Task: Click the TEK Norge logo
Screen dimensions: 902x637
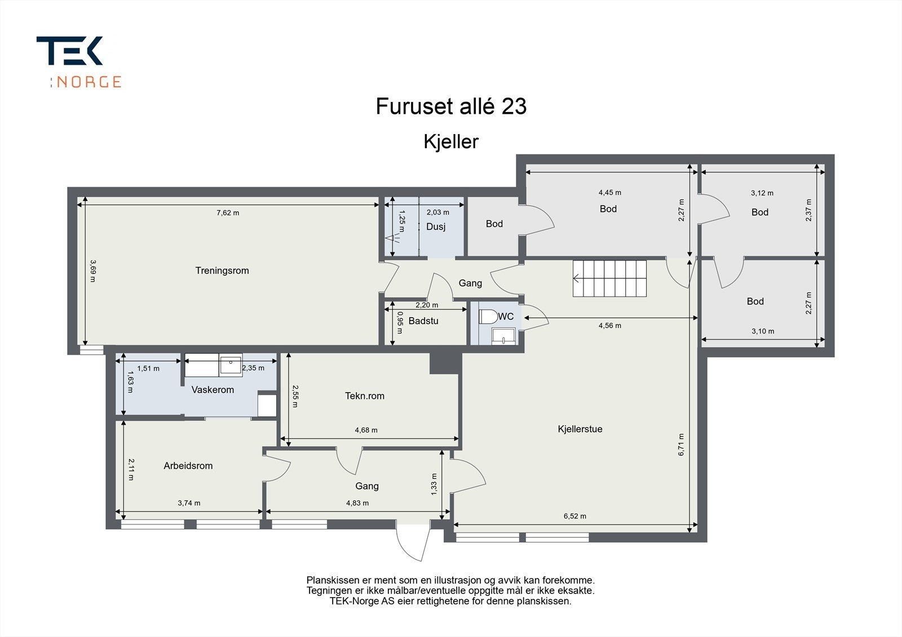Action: tap(79, 62)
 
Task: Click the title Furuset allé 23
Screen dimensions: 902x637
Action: tap(451, 106)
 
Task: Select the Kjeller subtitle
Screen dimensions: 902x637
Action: tap(451, 141)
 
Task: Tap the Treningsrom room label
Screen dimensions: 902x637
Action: tap(222, 270)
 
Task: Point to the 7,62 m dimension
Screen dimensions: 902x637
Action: tap(228, 212)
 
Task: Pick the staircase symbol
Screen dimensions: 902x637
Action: tap(609, 278)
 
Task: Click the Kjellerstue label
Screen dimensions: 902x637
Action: tap(580, 429)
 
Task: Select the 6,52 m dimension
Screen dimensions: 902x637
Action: tap(574, 516)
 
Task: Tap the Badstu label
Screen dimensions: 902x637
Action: tap(423, 320)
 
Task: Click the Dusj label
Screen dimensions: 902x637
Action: tap(436, 226)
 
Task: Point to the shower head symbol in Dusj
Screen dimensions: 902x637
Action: tap(392, 238)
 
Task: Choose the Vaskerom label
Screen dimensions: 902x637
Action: tap(213, 390)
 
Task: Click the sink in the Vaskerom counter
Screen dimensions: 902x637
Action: tap(231, 364)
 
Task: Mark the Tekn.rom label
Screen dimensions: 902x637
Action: tap(364, 396)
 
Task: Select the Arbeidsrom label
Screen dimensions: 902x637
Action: tap(188, 466)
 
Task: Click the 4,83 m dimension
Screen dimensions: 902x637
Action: tap(357, 503)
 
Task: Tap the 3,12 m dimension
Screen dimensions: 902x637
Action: tap(762, 193)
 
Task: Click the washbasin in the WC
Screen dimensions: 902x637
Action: tap(503, 336)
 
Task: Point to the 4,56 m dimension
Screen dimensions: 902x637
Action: tap(609, 326)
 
